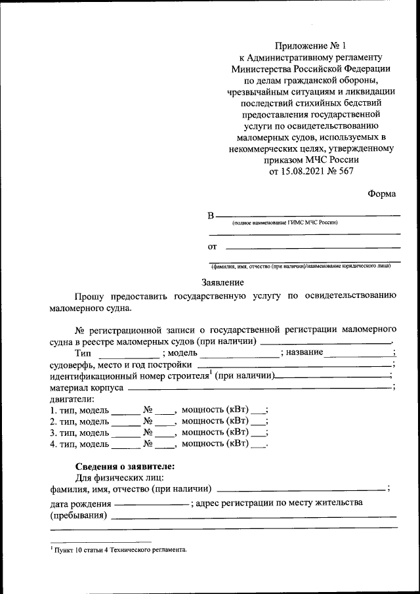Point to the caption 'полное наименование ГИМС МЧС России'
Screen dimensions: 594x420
coord(284,224)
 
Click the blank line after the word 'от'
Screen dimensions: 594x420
coord(312,247)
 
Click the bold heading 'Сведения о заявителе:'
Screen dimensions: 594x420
coord(125,467)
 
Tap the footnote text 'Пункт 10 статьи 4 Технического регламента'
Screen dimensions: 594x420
coord(121,550)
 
